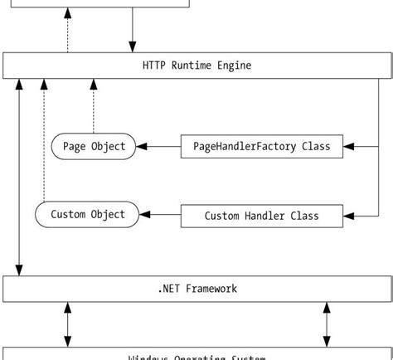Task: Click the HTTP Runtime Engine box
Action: coord(196,66)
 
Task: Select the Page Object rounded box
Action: coord(94,147)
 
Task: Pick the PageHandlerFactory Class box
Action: coord(261,147)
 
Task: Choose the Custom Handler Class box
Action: coord(261,216)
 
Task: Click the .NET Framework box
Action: coord(196,289)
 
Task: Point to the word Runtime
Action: coord(202,66)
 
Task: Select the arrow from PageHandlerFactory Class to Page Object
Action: coord(158,147)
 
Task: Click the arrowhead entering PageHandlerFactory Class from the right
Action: coord(348,147)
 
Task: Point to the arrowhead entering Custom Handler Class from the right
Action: coord(348,216)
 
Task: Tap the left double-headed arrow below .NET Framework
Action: coord(68,324)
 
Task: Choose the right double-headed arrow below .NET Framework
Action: coord(327,324)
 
